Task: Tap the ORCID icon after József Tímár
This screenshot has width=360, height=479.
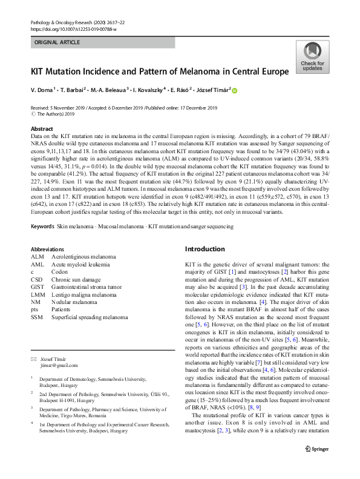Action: click(235, 90)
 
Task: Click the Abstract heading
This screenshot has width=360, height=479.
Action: click(43, 129)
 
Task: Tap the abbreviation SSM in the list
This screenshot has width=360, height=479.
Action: click(37, 317)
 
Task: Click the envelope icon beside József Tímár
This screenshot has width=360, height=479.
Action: click(34, 359)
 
